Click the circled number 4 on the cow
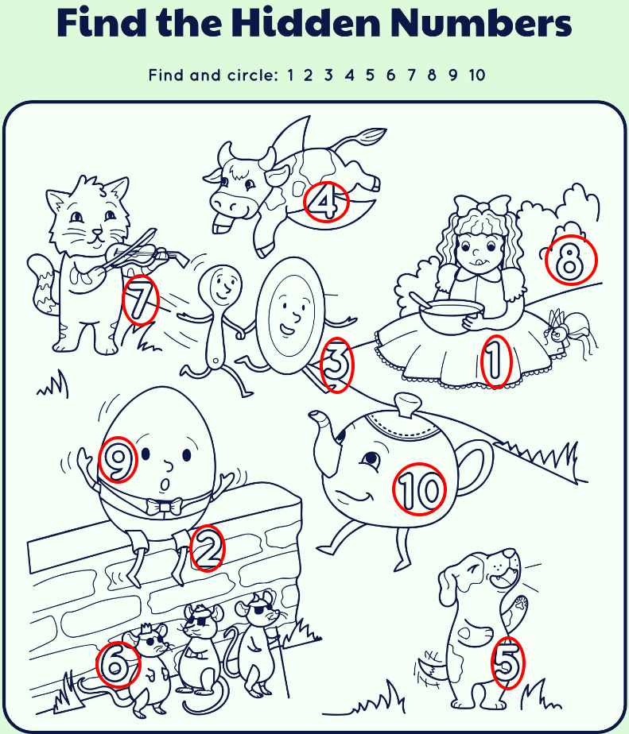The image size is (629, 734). (326, 201)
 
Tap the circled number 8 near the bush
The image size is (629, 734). (571, 260)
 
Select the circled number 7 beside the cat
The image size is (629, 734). (140, 299)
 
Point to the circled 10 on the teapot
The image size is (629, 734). (419, 489)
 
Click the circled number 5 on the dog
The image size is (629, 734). (507, 663)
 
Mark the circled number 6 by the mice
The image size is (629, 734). (118, 664)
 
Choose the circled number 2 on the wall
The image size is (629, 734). (208, 547)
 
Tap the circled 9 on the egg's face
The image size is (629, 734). (118, 460)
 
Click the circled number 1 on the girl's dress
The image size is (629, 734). (495, 361)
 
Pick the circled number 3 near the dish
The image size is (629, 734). (336, 365)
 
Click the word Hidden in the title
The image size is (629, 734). (305, 22)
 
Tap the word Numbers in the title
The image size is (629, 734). (481, 22)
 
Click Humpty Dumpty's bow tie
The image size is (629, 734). (164, 507)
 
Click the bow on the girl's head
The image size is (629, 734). (483, 207)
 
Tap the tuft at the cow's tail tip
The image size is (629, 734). (371, 136)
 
